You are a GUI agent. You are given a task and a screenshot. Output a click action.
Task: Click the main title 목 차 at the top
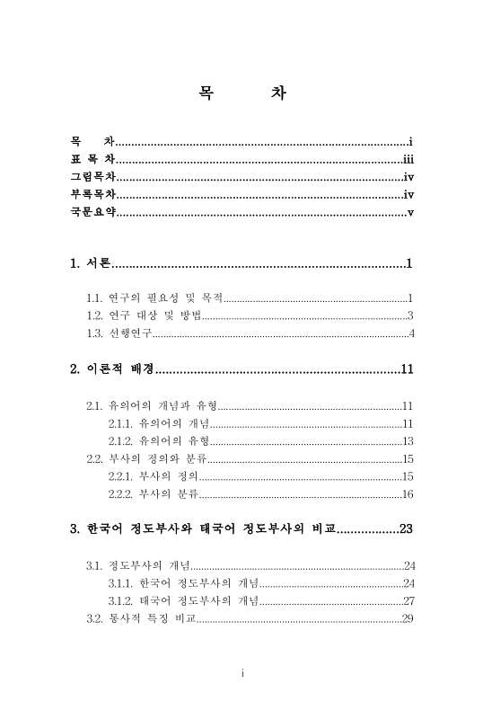click(241, 94)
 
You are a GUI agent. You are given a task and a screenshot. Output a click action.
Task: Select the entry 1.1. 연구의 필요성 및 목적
click(154, 297)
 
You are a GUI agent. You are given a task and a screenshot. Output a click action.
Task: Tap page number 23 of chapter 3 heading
click(405, 528)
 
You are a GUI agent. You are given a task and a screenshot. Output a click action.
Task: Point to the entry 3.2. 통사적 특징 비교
click(141, 617)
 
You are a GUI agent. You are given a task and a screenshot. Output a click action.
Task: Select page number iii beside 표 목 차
click(407, 160)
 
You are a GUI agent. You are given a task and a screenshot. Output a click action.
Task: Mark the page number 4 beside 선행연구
click(410, 334)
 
